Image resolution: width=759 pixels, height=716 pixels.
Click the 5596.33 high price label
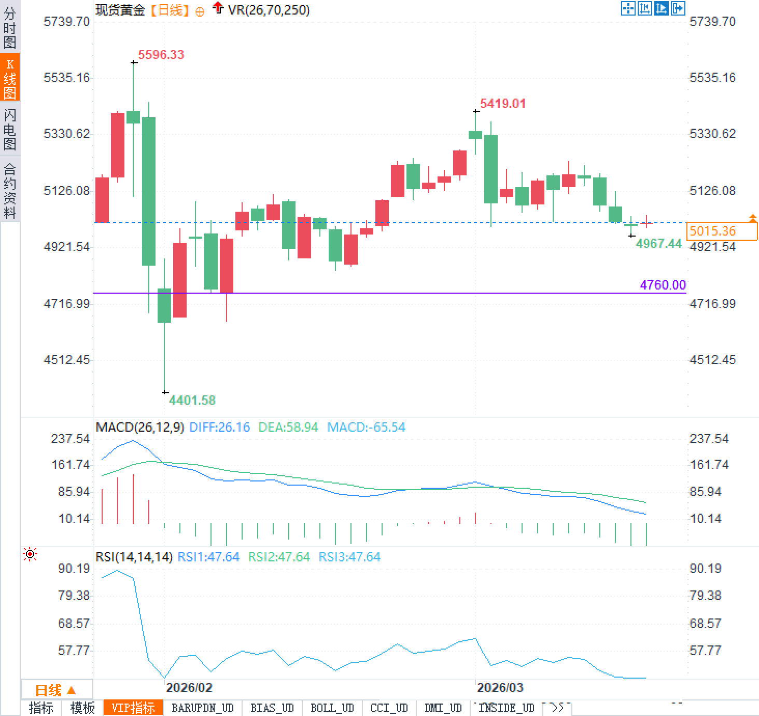pyautogui.click(x=161, y=55)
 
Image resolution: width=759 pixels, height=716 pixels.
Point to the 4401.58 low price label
pyautogui.click(x=192, y=400)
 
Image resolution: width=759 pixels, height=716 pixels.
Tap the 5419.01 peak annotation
pyautogui.click(x=502, y=104)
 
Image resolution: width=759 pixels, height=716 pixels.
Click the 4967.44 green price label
pyautogui.click(x=658, y=243)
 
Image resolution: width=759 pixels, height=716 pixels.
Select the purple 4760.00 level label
pyautogui.click(x=663, y=285)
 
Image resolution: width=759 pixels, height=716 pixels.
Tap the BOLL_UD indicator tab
pyautogui.click(x=332, y=708)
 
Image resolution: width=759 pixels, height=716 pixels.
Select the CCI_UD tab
pyautogui.click(x=389, y=708)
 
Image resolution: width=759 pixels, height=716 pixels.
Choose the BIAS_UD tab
pyautogui.click(x=272, y=708)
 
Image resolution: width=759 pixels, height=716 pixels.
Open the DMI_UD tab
pyautogui.click(x=443, y=708)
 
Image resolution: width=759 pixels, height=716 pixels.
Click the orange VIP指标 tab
pyautogui.click(x=133, y=708)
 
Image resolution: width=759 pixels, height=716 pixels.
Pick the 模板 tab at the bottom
pyautogui.click(x=82, y=708)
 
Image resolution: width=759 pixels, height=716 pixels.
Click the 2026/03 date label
pyautogui.click(x=500, y=688)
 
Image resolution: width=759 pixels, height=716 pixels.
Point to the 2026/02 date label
pyautogui.click(x=189, y=688)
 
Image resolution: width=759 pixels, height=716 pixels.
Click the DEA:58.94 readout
pyautogui.click(x=288, y=428)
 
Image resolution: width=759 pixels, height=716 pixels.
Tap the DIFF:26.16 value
pyautogui.click(x=219, y=428)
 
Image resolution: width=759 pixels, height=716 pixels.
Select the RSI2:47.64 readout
pyautogui.click(x=278, y=557)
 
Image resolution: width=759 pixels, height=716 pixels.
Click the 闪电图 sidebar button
pyautogui.click(x=10, y=129)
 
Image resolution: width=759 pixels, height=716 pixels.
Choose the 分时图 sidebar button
pyautogui.click(x=10, y=27)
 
